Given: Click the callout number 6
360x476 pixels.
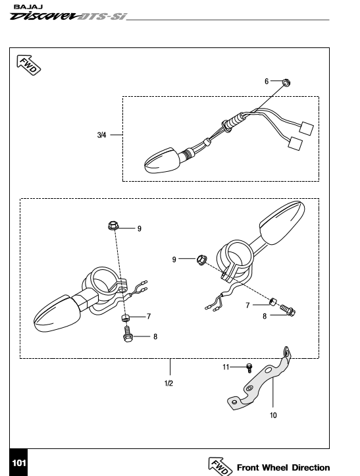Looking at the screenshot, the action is tap(267, 82).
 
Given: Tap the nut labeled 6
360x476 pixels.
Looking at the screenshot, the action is tap(286, 82).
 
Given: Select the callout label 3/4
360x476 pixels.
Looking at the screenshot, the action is tap(102, 135).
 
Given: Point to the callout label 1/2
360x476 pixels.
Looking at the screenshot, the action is tap(168, 383).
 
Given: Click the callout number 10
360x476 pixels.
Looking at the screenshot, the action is tap(273, 415).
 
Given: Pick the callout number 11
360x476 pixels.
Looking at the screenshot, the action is tap(226, 367).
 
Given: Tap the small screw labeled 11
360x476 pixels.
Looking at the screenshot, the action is tap(249, 367).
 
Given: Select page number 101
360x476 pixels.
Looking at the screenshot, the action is tap(19, 463).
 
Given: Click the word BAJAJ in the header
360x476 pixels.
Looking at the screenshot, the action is tap(28, 7).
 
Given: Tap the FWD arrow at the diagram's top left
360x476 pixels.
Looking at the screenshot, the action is tap(28, 65).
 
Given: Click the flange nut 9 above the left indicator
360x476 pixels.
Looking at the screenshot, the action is tap(113, 226).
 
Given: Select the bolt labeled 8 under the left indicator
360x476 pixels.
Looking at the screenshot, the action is tap(128, 334).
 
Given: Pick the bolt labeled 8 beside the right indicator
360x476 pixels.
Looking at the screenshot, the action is tap(288, 310).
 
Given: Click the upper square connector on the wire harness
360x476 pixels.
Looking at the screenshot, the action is tap(306, 128).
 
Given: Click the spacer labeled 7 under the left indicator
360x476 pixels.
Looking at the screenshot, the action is tap(125, 319).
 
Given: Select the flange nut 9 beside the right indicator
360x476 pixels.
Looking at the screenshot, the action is tap(202, 259).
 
